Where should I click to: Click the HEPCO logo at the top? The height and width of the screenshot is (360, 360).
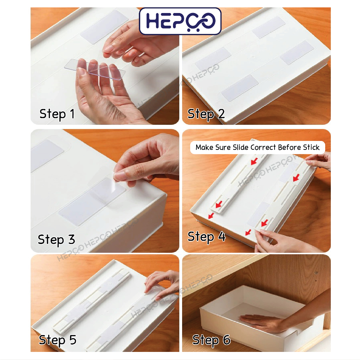pyautogui.click(x=180, y=21)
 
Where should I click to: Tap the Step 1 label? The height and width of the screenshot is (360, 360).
pyautogui.click(x=57, y=114)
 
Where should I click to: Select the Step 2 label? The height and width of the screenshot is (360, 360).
pyautogui.click(x=206, y=114)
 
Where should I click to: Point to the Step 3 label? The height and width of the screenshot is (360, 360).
pyautogui.click(x=56, y=240)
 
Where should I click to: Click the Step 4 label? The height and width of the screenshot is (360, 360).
pyautogui.click(x=206, y=237)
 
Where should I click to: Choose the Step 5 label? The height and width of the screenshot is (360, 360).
pyautogui.click(x=57, y=340)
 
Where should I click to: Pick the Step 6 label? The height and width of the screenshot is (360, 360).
pyautogui.click(x=211, y=340)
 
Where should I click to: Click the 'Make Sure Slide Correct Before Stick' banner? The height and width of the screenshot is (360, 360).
pyautogui.click(x=257, y=147)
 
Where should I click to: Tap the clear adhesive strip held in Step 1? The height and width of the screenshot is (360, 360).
pyautogui.click(x=95, y=69)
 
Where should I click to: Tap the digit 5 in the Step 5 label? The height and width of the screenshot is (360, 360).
pyautogui.click(x=73, y=340)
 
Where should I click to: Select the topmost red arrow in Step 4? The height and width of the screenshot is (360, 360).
pyautogui.click(x=254, y=161)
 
